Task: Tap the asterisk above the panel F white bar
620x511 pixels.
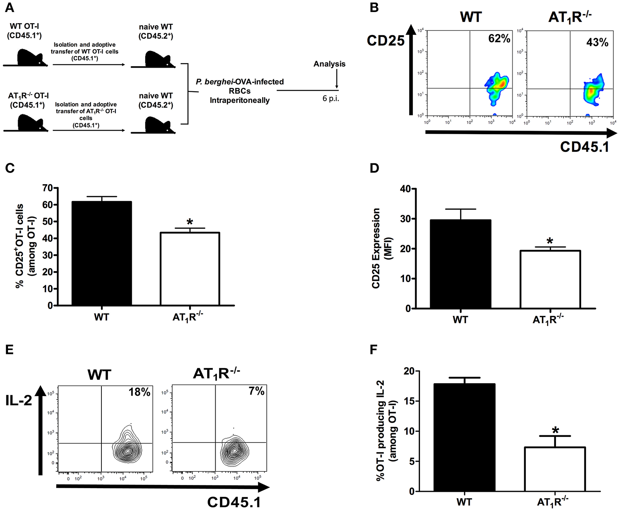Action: [x=555, y=431]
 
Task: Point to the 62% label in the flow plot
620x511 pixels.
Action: [x=499, y=38]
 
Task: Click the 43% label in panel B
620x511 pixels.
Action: [x=597, y=42]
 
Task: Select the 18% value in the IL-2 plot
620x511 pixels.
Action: [x=139, y=392]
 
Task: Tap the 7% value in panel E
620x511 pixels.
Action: [x=256, y=391]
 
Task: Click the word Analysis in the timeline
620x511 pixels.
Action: [x=329, y=64]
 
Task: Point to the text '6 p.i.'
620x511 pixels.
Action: [x=331, y=99]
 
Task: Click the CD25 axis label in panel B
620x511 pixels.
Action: [x=386, y=40]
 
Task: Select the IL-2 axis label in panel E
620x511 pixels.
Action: [x=19, y=400]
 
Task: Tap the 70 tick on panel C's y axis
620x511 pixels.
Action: [x=47, y=188]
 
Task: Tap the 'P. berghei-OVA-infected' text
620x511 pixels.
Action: [x=240, y=82]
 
